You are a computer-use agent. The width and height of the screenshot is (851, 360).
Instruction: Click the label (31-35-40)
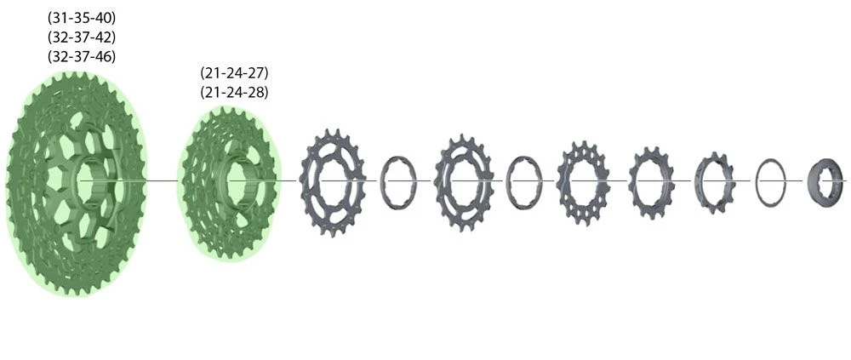coord(83,18)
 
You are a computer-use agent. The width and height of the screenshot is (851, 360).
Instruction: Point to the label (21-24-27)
coord(234,73)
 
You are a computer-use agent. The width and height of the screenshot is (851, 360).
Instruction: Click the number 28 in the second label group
coord(255,93)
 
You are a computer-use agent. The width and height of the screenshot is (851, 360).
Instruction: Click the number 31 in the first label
coord(61,18)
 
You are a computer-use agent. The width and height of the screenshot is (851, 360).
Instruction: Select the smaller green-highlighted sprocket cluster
coord(200,221)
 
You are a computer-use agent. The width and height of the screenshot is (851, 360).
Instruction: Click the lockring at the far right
coord(825,180)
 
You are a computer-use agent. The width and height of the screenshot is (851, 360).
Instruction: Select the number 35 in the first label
coord(83,18)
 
